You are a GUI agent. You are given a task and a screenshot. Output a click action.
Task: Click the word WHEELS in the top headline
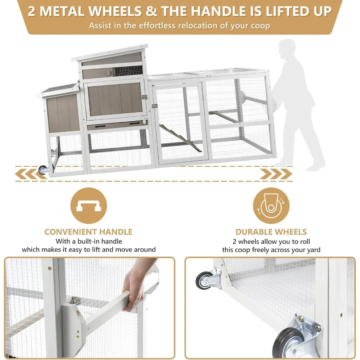click(x=116, y=11)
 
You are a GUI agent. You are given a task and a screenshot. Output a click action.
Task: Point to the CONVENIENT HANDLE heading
click(x=88, y=232)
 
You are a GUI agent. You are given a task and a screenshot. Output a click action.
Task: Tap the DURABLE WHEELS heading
click(x=271, y=232)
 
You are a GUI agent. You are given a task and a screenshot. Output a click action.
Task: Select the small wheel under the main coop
click(x=43, y=170)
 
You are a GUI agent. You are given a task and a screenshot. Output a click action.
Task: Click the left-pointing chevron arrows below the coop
click(x=27, y=174)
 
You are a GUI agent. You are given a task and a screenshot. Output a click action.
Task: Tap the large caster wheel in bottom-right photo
click(x=288, y=342)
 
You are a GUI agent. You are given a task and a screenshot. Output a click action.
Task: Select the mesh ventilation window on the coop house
click(x=128, y=71)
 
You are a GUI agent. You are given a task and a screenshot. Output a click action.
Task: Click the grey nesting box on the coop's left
click(x=62, y=113)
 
